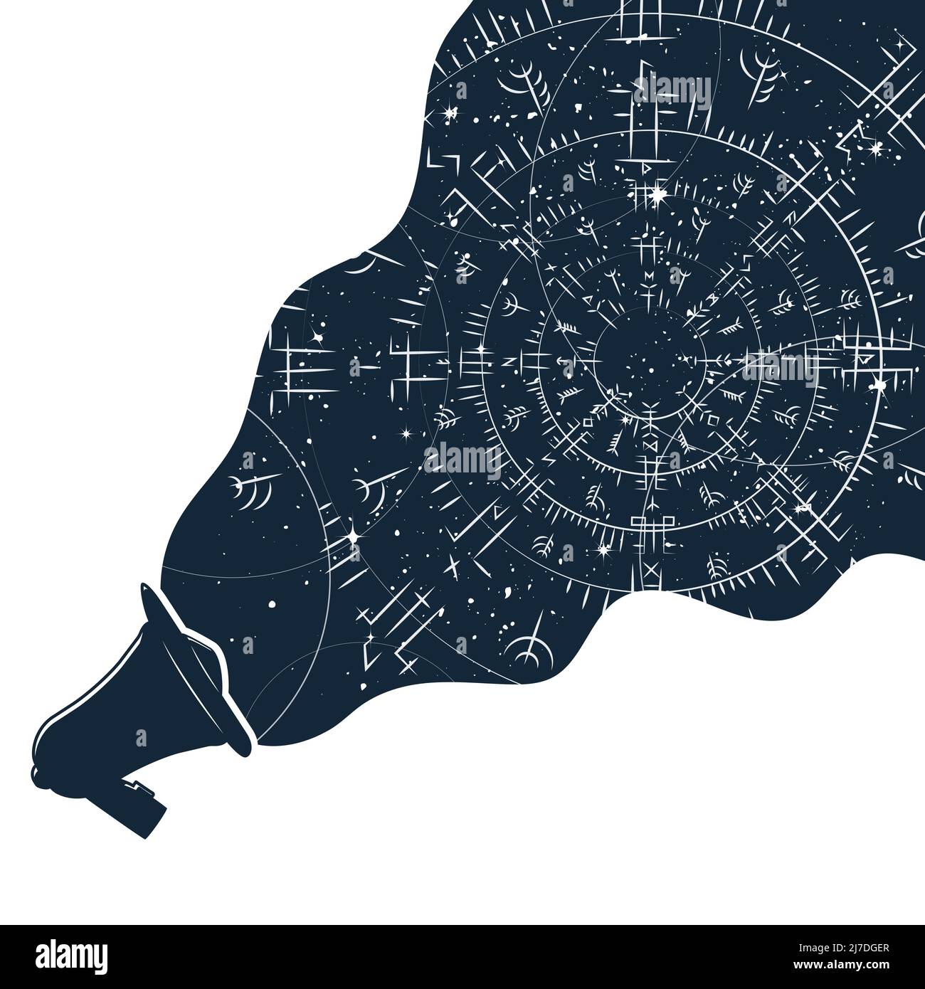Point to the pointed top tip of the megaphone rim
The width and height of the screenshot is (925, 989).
pos(144,588)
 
